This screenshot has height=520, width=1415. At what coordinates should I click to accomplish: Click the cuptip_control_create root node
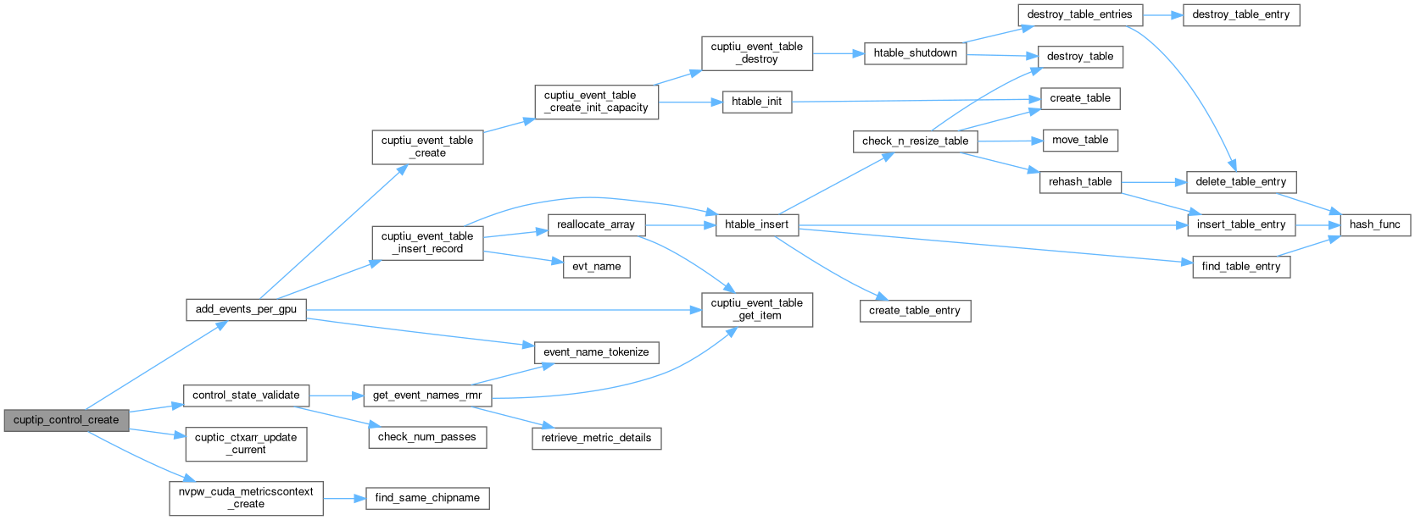click(x=66, y=420)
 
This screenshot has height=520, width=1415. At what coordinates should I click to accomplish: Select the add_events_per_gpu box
click(x=246, y=309)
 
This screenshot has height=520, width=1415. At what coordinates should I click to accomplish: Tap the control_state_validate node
click(x=246, y=396)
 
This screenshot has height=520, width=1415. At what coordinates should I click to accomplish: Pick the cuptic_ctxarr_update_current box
click(x=246, y=444)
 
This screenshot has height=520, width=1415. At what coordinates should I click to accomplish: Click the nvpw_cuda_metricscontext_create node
click(x=246, y=498)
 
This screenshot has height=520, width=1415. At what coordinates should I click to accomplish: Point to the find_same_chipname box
click(x=427, y=498)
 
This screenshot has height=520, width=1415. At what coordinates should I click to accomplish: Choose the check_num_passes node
click(x=427, y=437)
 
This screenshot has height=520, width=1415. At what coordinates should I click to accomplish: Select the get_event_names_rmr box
click(x=427, y=396)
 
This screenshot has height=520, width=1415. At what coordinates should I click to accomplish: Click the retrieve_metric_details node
click(x=596, y=438)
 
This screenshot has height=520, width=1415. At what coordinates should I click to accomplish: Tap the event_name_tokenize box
click(x=596, y=352)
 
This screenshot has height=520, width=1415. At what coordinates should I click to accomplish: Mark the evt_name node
click(x=596, y=267)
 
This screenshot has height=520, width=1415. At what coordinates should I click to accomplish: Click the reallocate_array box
click(x=596, y=224)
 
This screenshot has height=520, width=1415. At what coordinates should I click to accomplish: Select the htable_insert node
click(x=757, y=224)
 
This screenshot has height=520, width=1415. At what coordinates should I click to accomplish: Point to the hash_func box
click(x=1375, y=224)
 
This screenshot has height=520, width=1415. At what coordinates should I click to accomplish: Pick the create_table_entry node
click(x=914, y=311)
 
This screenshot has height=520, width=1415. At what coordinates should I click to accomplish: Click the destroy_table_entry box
click(x=1240, y=14)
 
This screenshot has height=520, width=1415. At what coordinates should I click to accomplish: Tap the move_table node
click(x=1080, y=140)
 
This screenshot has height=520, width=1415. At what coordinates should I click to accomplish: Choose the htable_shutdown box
click(x=915, y=53)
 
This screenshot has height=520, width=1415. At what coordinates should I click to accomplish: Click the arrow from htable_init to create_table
click(x=916, y=100)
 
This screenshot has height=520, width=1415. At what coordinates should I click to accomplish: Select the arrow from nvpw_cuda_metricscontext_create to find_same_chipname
click(x=344, y=498)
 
